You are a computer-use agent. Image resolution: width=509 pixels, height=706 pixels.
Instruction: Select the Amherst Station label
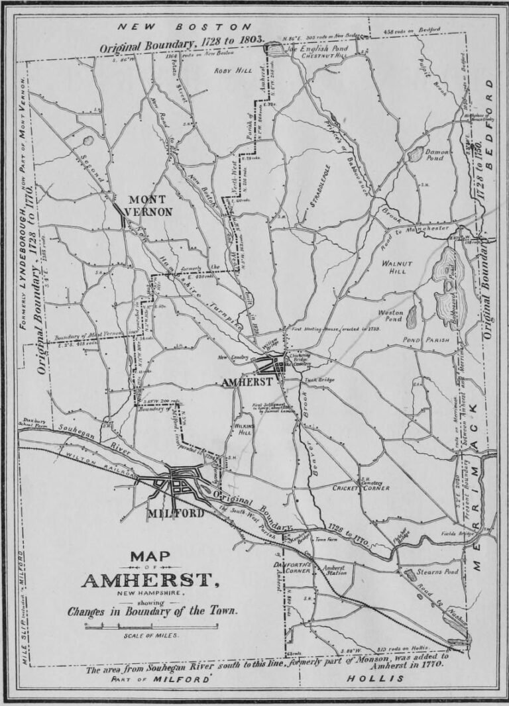334,570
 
